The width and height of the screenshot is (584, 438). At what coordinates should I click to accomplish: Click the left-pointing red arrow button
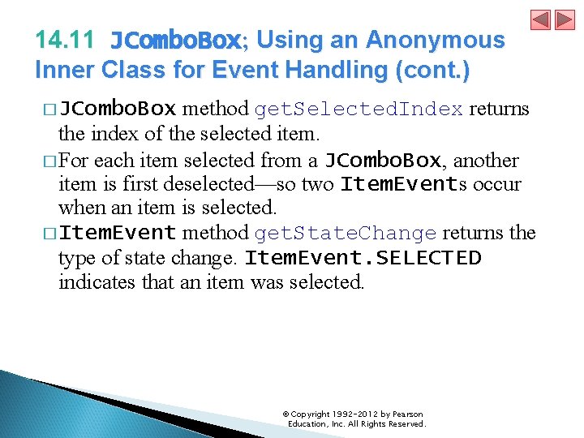point(541,19)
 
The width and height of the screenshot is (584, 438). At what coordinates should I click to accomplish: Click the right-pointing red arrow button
point(564,19)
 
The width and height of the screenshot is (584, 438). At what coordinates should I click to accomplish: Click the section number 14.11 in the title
point(64,40)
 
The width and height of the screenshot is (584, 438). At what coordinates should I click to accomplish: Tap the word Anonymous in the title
point(436,40)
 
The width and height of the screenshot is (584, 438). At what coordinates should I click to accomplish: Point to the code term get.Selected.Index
point(359,109)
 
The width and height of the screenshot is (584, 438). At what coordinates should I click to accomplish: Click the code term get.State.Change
point(346,234)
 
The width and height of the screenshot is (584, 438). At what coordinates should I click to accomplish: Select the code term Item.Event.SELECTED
point(363,259)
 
